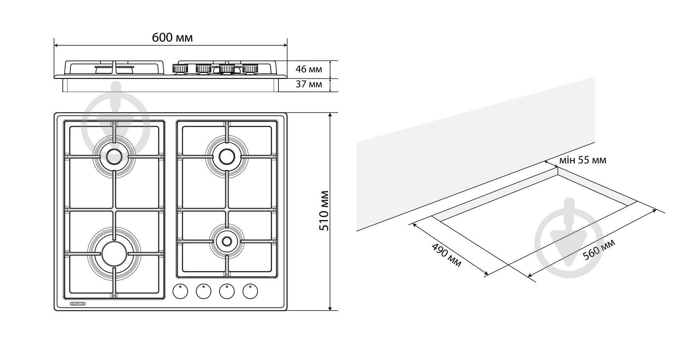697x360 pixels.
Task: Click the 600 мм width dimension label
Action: pos(172,37)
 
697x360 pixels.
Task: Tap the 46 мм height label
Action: pos(309,69)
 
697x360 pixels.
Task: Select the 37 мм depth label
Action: pos(309,85)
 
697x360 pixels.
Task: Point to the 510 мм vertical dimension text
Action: pos(323,211)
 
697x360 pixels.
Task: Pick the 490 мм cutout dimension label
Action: pos(446,255)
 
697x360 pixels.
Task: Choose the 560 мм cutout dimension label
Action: pos(599,250)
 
